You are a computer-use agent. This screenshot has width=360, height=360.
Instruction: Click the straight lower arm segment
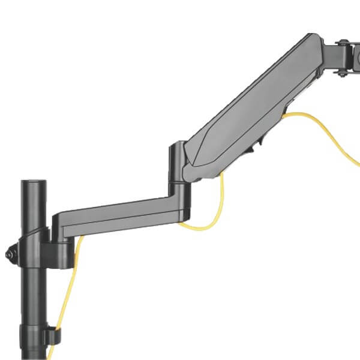114,214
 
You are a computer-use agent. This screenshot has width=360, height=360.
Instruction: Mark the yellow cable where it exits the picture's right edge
357,163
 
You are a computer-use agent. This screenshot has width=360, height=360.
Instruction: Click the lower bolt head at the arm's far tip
343,73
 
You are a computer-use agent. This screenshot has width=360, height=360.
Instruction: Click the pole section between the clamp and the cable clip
33,294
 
